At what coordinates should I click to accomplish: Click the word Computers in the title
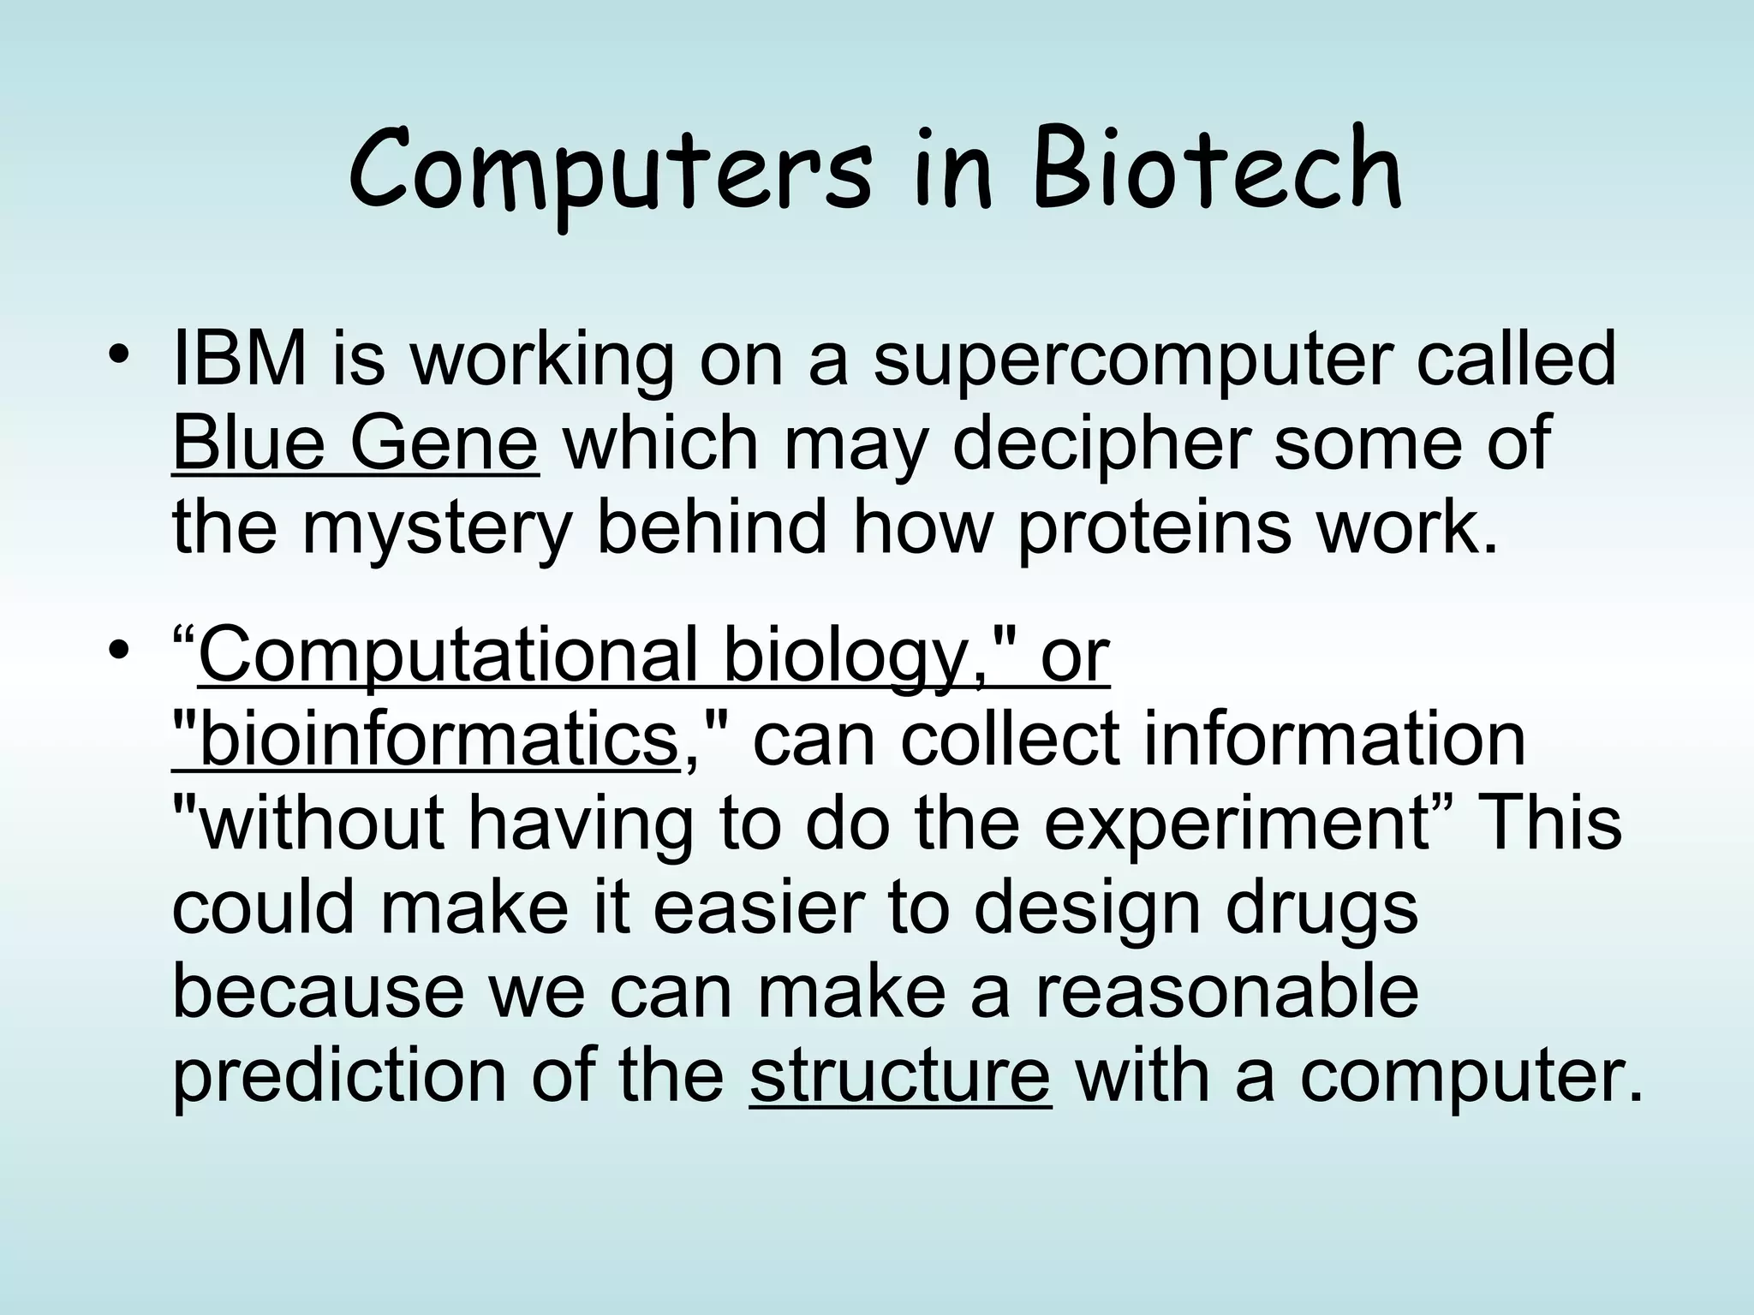[x=610, y=171]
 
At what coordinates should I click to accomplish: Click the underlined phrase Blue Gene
[x=355, y=444]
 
